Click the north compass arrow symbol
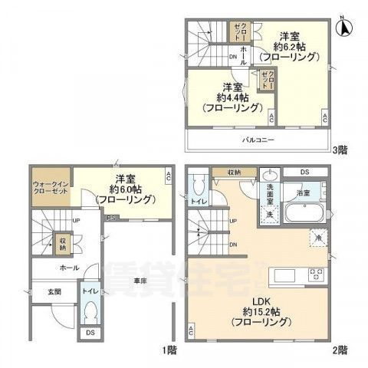(346, 27)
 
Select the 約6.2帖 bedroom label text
(289, 46)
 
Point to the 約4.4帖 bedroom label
(226, 97)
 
